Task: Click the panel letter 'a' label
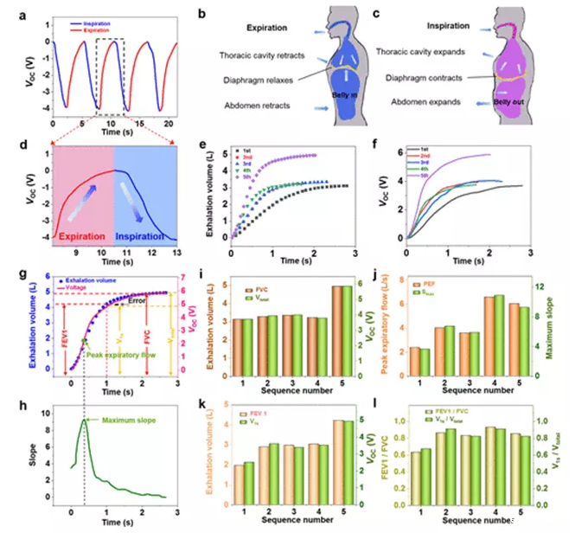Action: (10, 12)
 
